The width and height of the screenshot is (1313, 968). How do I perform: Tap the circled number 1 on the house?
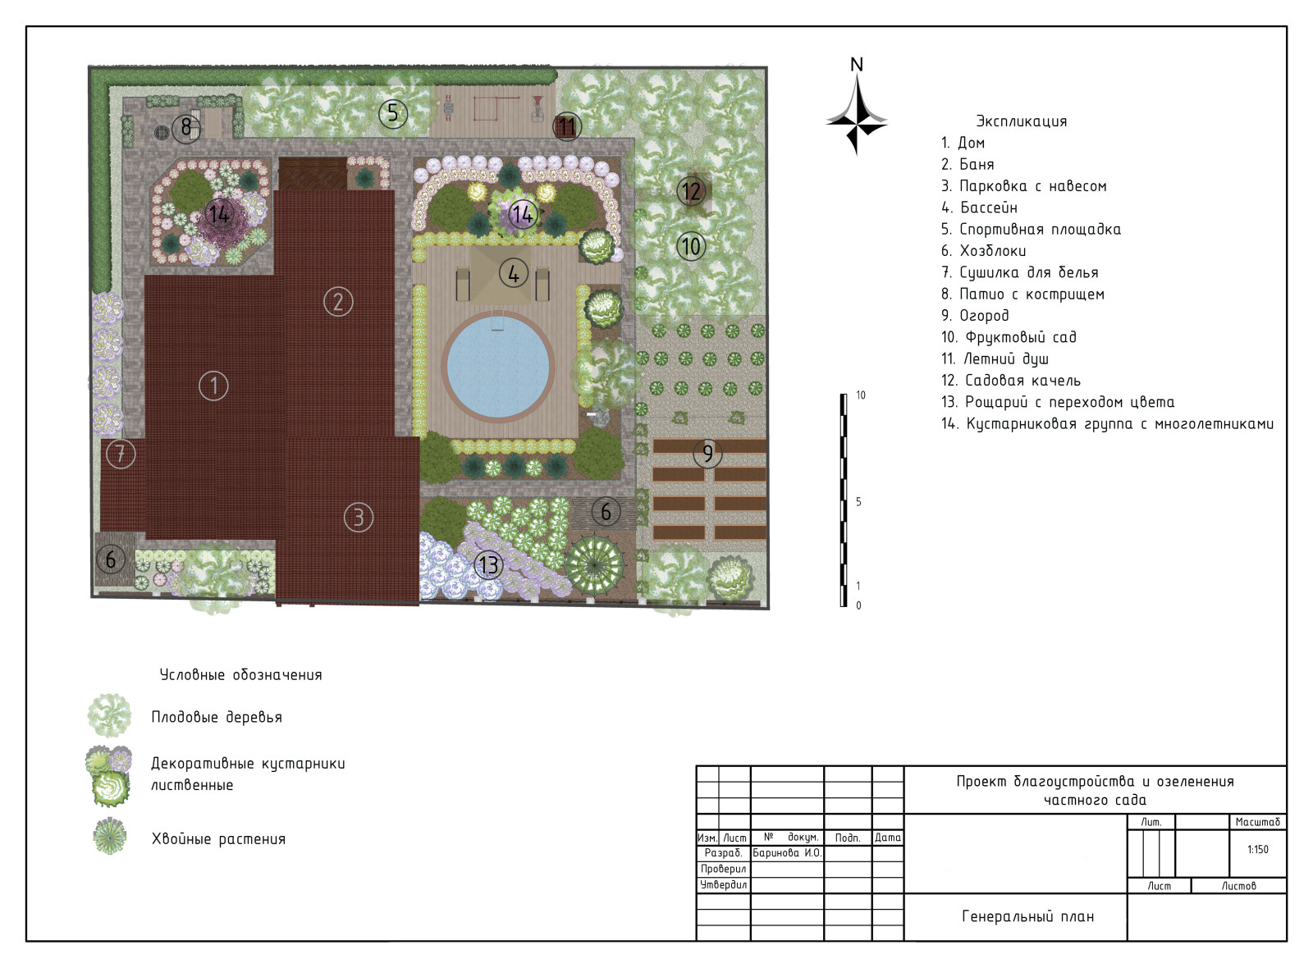tap(213, 386)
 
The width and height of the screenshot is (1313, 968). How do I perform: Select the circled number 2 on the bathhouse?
tap(338, 302)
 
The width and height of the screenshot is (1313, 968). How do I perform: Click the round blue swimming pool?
tap(497, 366)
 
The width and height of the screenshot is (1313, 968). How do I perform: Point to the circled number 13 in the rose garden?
tap(488, 565)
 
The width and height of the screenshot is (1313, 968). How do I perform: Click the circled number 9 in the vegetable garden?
tap(707, 453)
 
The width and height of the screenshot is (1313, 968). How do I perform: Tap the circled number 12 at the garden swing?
tap(692, 191)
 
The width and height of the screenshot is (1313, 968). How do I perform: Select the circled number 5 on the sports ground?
tap(393, 112)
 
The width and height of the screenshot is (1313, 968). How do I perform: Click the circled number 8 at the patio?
tap(186, 127)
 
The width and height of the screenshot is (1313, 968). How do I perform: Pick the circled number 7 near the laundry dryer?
tap(121, 454)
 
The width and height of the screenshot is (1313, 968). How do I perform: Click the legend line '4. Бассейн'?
tap(980, 208)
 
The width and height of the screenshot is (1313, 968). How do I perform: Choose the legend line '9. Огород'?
tap(975, 315)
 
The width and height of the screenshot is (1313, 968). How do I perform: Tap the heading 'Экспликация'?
tap(1021, 121)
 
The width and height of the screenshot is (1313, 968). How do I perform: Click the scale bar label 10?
tap(861, 395)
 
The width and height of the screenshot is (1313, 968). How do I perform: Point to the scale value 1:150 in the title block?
tap(1257, 849)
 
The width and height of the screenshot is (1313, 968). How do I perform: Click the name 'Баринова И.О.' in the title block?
tap(787, 853)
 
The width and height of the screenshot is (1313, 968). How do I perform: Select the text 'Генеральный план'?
tap(1028, 916)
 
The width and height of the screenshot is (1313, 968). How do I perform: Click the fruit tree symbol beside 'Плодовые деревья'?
tap(110, 715)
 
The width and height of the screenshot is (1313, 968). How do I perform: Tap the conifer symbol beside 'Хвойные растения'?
tap(110, 836)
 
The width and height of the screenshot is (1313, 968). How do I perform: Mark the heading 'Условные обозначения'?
tap(241, 674)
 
